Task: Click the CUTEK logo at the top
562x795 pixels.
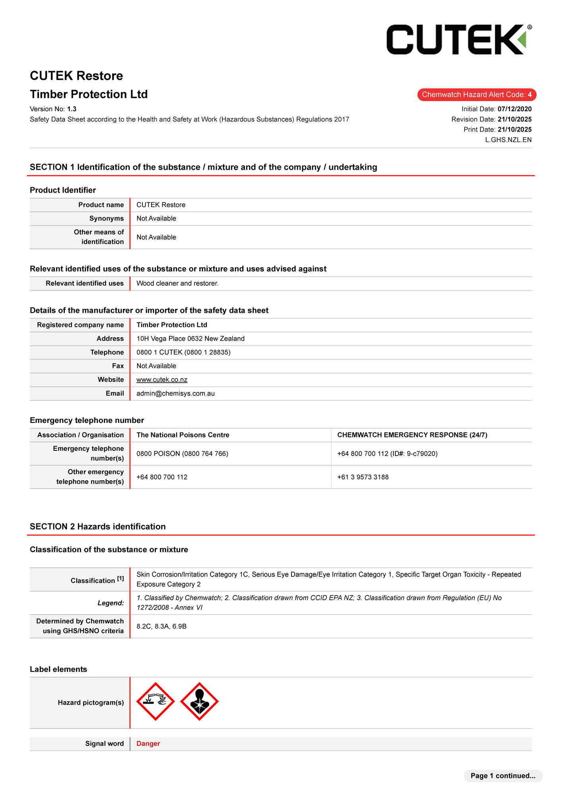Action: click(459, 39)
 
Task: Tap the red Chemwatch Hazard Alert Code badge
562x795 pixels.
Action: click(476, 95)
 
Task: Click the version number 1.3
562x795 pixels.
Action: click(72, 109)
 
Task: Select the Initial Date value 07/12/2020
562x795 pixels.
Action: click(514, 109)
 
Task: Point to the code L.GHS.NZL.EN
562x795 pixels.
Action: click(508, 140)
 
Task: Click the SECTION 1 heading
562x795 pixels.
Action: click(203, 167)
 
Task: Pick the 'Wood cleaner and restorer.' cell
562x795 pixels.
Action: click(177, 283)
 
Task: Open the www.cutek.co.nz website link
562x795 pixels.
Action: click(162, 380)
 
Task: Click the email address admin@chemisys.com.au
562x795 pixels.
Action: click(175, 394)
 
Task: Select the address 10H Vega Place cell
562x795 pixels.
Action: click(190, 339)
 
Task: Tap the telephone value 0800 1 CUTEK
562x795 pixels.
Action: click(183, 352)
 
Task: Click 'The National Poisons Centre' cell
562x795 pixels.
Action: click(183, 435)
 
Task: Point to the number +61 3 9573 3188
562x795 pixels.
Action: click(363, 477)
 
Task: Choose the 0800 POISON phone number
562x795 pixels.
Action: click(182, 454)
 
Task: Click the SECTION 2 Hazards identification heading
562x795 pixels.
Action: click(97, 527)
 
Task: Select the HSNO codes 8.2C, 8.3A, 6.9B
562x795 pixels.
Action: click(161, 626)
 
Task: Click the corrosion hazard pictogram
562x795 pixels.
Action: click(156, 702)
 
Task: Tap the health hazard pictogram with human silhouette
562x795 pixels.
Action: click(199, 702)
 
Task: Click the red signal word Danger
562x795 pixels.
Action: click(148, 744)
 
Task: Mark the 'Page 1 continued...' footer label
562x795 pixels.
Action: click(503, 776)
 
